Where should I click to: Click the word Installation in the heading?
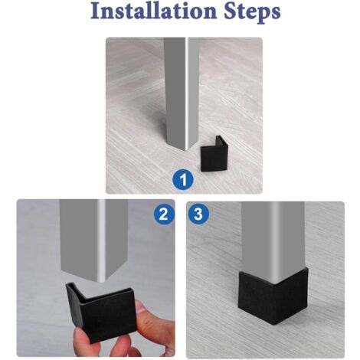[x=153, y=11]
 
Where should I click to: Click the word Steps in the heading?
[x=252, y=13]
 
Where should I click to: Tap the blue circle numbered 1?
[x=183, y=180]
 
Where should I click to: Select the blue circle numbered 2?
[x=164, y=214]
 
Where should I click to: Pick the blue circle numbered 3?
[x=198, y=214]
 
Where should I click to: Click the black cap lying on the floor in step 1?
[x=213, y=155]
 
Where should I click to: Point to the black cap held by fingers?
[x=102, y=312]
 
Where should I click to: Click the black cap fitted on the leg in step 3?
[x=273, y=296]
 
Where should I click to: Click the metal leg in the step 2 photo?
[x=94, y=239]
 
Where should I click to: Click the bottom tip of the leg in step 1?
[x=186, y=151]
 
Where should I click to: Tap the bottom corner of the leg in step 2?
[x=101, y=281]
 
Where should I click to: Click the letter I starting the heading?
[x=96, y=11]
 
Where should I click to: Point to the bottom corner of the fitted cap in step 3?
[x=274, y=324]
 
